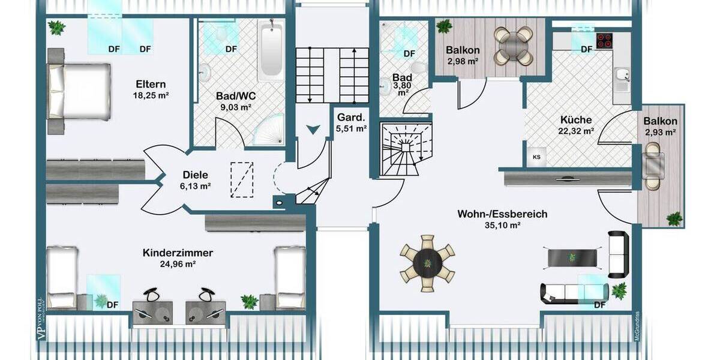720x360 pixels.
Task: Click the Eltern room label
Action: point(151,84)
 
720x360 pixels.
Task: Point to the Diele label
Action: point(196,175)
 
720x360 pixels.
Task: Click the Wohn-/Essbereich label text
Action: point(502,214)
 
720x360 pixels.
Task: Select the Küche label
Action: point(576,119)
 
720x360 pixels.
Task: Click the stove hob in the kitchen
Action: point(604,40)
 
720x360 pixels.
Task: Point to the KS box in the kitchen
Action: point(536,157)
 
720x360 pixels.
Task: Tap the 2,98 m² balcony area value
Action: point(462,61)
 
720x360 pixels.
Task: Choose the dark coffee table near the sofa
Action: point(573,257)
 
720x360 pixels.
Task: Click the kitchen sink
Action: point(622,77)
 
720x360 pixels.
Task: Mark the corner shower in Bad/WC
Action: point(269,130)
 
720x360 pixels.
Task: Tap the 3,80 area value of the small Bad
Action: point(402,86)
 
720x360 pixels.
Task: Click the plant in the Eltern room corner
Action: point(57,27)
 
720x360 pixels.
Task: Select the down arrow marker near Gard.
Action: point(313,129)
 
